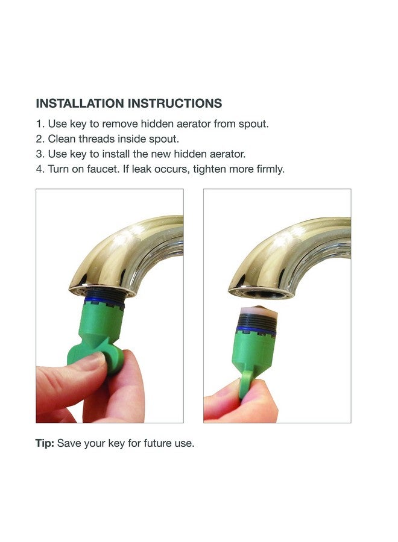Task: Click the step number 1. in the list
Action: [x=40, y=124]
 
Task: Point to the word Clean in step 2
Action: [x=62, y=139]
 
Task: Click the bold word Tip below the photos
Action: [x=45, y=443]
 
